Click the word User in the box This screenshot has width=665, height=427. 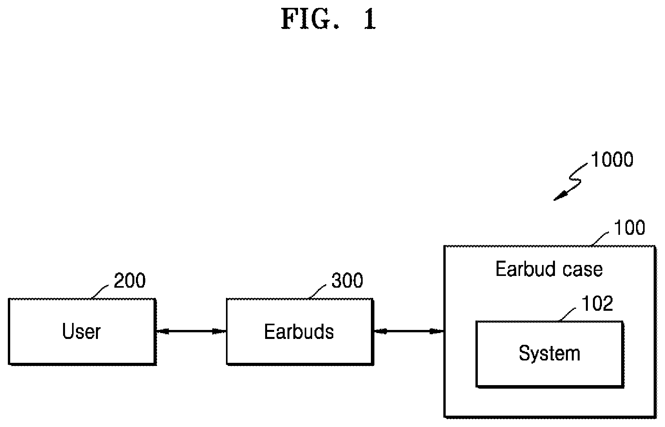coord(81,331)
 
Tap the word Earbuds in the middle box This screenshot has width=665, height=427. coord(299,332)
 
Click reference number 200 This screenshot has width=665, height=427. coord(130,280)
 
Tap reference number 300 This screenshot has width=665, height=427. coord(347,280)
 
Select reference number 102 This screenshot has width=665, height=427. coord(597,304)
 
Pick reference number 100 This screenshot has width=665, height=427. coord(629,228)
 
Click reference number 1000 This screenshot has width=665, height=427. coord(612,160)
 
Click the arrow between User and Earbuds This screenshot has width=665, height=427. coord(191,331)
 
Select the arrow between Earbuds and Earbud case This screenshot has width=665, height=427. coord(409,331)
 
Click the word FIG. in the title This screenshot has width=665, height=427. coord(310,19)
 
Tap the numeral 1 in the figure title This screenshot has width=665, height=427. coord(370,19)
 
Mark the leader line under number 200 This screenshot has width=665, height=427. coord(100,292)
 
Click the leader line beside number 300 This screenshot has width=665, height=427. coord(317,292)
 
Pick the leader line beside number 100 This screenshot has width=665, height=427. coord(600,239)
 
